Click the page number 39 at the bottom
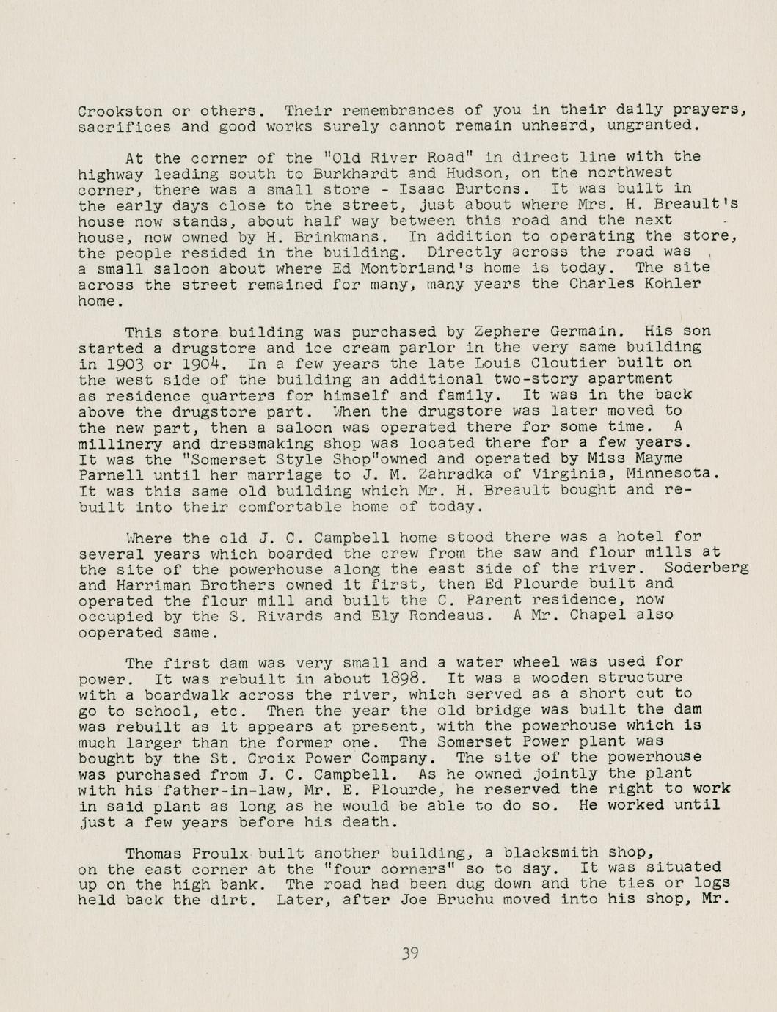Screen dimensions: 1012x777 tap(409, 953)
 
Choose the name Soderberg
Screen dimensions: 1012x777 tap(706, 568)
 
